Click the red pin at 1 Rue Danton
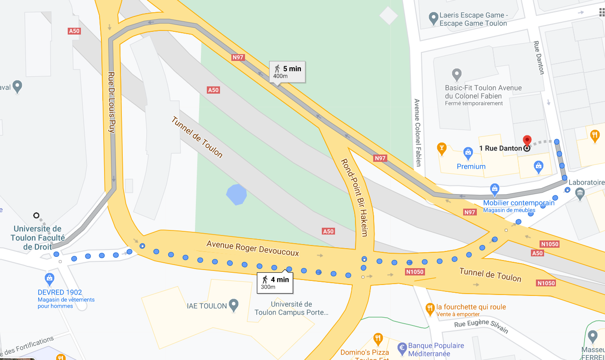(x=527, y=140)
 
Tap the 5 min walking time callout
(x=287, y=72)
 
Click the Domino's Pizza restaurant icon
(x=378, y=339)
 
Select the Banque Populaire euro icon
(x=402, y=349)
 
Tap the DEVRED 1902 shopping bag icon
(x=50, y=278)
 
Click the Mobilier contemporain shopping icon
(x=495, y=188)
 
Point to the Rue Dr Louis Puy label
(x=111, y=102)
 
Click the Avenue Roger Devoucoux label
(x=253, y=248)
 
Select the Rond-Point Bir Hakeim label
(x=354, y=197)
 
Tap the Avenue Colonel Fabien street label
(x=417, y=132)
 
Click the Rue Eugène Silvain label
(x=481, y=326)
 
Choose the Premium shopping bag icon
(x=468, y=151)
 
